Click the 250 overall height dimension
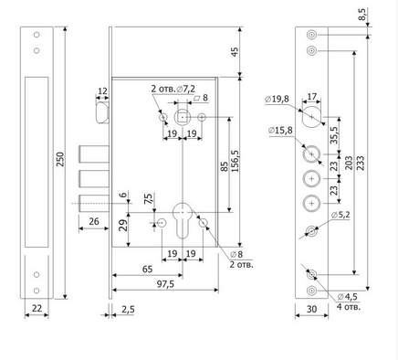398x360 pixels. click(x=60, y=159)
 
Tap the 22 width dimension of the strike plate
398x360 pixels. click(x=37, y=308)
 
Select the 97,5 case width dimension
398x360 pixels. click(x=165, y=284)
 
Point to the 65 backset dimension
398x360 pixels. click(x=148, y=270)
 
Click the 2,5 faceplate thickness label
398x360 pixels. click(x=128, y=310)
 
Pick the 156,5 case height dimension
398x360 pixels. click(x=235, y=161)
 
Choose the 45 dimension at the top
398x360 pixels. click(x=235, y=51)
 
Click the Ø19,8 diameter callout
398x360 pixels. click(x=277, y=99)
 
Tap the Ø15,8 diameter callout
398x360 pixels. click(x=280, y=131)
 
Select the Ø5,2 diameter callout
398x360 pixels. click(x=340, y=215)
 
